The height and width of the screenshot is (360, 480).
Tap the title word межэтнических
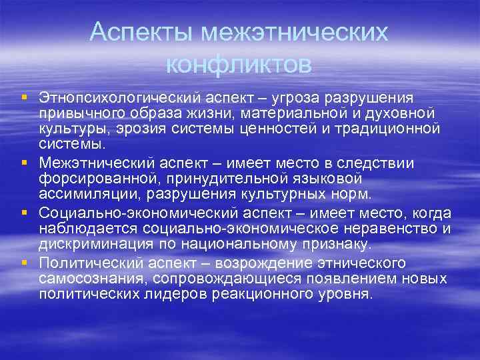pyautogui.click(x=295, y=32)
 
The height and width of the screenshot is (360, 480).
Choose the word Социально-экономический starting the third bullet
pyautogui.click(x=134, y=213)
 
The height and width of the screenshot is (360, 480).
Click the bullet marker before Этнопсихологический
pyautogui.click(x=24, y=98)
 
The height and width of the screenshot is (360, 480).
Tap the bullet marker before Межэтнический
pyautogui.click(x=24, y=163)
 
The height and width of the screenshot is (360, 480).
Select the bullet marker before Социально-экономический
pyautogui.click(x=24, y=213)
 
